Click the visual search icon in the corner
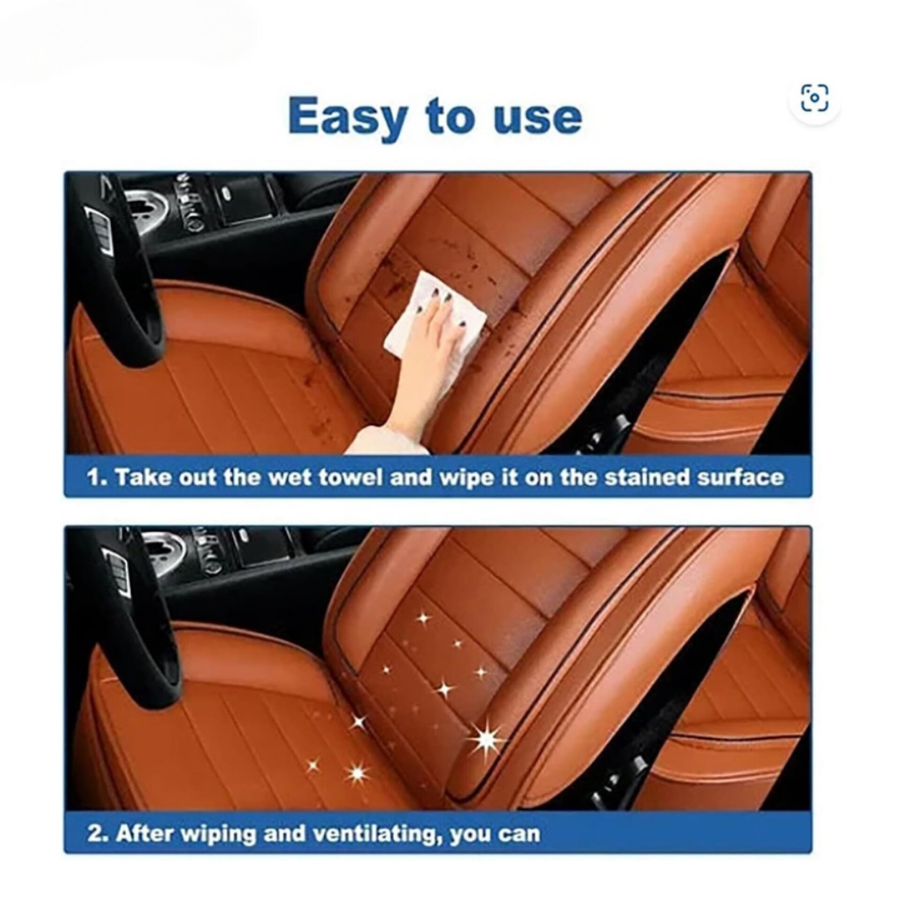point(815,98)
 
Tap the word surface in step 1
point(740,477)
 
